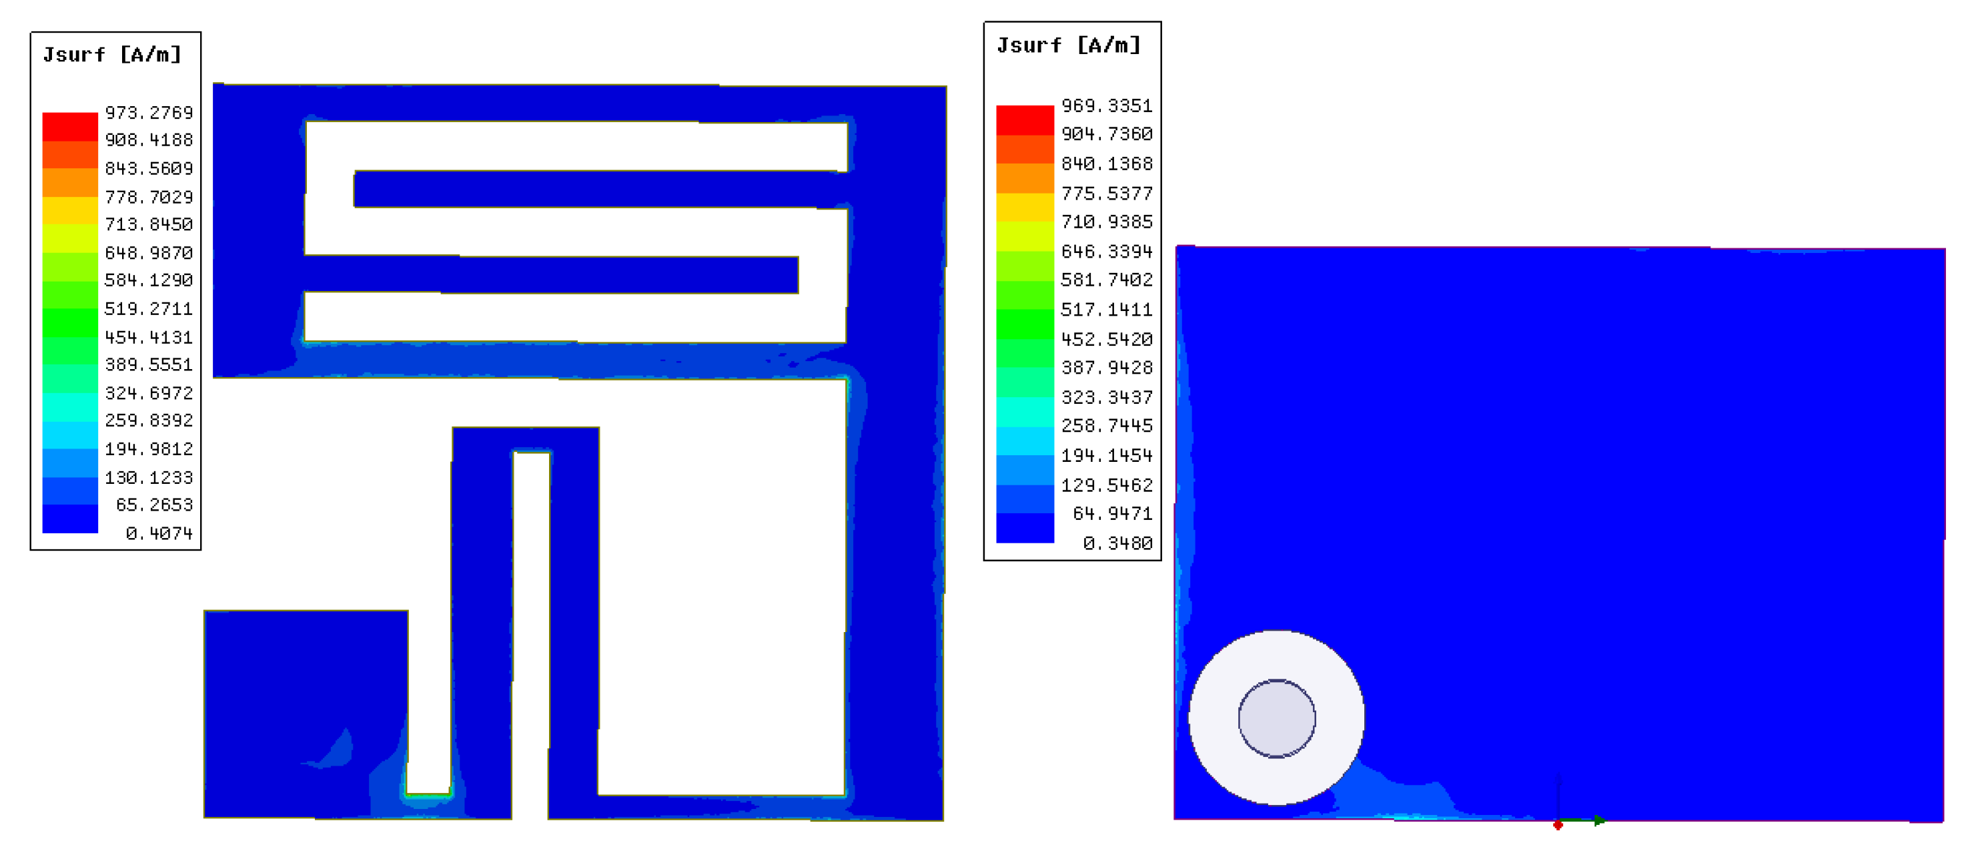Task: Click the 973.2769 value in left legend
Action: pos(149,113)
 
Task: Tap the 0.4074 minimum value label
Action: pos(159,533)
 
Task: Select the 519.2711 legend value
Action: pos(149,309)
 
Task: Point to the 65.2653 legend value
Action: pos(154,505)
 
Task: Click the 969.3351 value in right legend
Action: pos(1106,105)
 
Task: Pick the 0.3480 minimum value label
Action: pos(1117,543)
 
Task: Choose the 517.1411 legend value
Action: pos(1106,309)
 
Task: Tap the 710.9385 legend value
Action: pos(1106,222)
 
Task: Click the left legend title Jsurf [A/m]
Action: pos(112,55)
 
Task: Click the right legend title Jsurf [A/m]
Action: pos(1068,46)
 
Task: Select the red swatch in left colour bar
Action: pos(69,126)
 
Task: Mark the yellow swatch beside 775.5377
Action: pos(1025,206)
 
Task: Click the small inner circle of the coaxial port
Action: pos(1276,718)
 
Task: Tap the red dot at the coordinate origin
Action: pos(1558,824)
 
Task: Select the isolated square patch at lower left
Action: pos(305,713)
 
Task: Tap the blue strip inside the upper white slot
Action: pos(594,189)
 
